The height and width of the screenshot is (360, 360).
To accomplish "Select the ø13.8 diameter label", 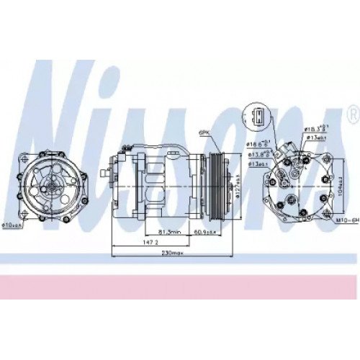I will pyautogui.click(x=259, y=153).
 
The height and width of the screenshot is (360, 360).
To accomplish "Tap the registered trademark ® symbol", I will pyautogui.click(x=352, y=114).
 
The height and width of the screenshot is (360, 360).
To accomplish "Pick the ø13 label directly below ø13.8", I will pyautogui.click(x=260, y=163).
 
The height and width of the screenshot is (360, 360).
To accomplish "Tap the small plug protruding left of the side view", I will pyautogui.click(x=105, y=174).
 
